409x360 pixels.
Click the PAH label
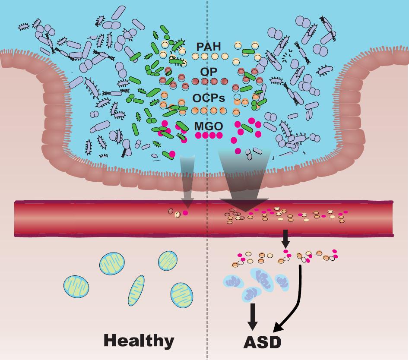[208, 46]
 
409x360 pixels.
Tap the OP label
[209, 71]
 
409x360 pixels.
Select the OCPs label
[209, 98]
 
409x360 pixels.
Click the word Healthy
[139, 341]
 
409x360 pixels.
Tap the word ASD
[262, 342]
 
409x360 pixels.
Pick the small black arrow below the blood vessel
[285, 237]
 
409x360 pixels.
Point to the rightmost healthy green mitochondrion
[183, 295]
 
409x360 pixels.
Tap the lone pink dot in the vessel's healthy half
[186, 212]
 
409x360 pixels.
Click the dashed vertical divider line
[208, 259]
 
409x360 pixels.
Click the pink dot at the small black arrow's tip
[285, 251]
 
